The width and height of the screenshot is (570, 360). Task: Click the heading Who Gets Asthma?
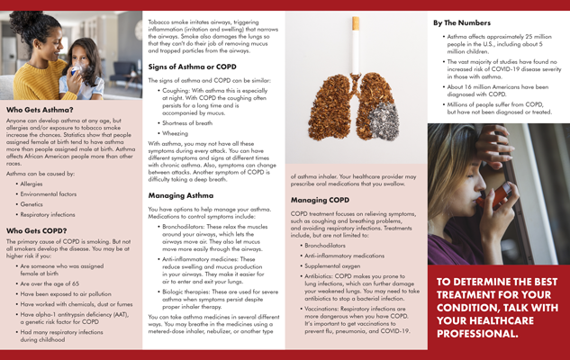click(x=40, y=109)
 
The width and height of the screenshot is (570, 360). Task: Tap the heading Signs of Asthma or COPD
click(x=192, y=67)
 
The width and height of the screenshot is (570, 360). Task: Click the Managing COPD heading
click(x=320, y=200)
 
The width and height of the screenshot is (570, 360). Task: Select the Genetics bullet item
click(x=35, y=204)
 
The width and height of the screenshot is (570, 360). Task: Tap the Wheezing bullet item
click(x=176, y=132)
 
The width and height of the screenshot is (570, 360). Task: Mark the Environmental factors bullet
click(x=49, y=193)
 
